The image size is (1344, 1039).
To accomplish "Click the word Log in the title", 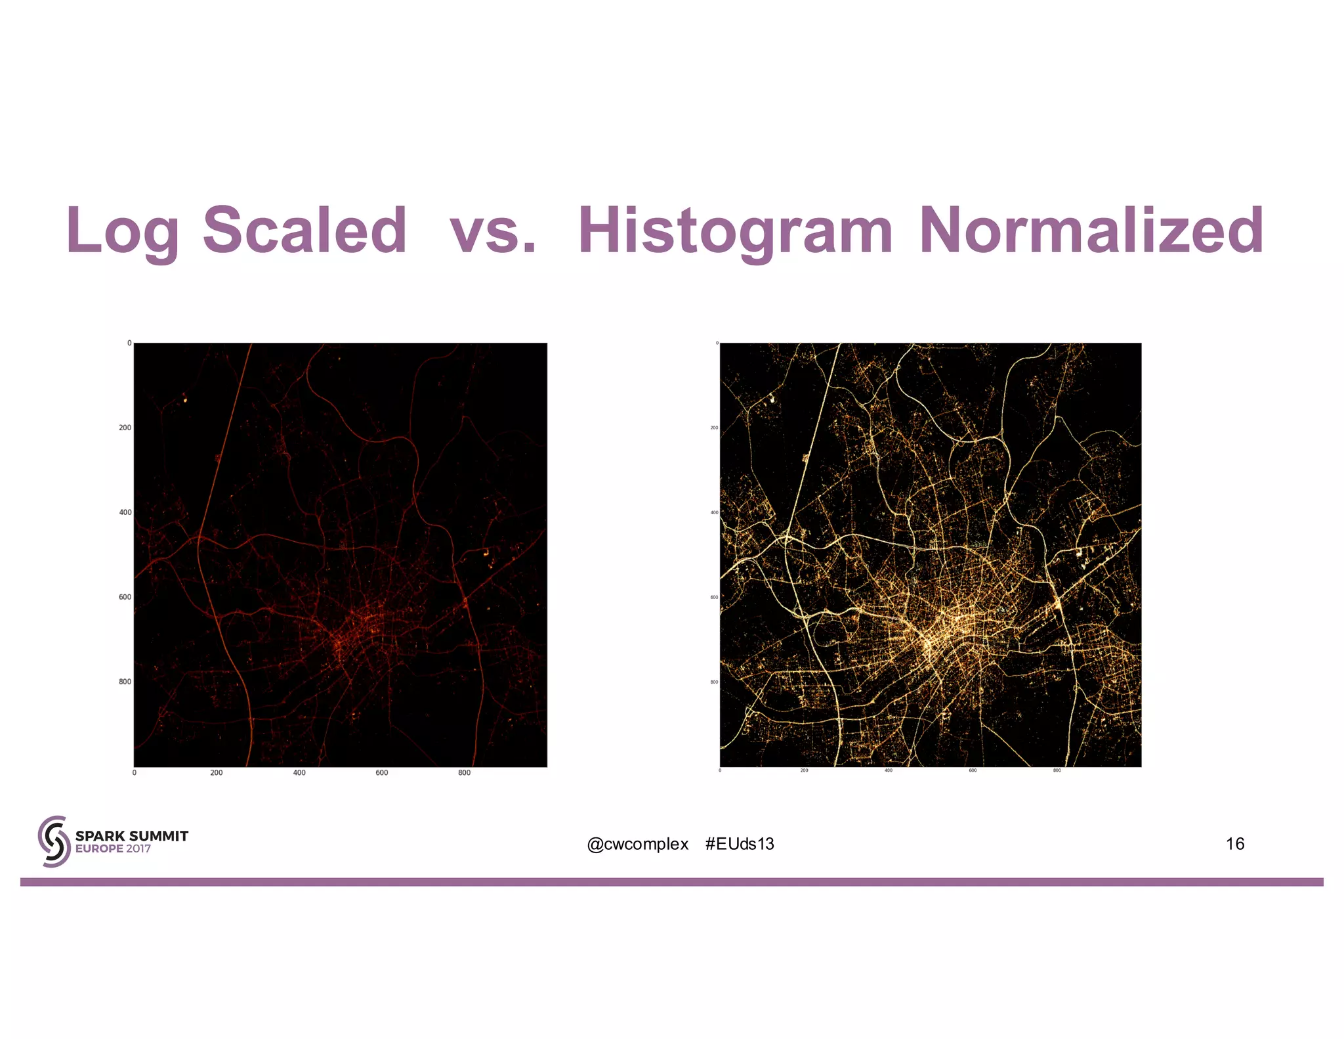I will (x=122, y=231).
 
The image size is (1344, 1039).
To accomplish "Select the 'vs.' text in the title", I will (x=493, y=231).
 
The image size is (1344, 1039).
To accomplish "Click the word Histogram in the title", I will (x=735, y=231).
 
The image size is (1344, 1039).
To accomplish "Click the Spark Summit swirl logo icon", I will (x=54, y=841).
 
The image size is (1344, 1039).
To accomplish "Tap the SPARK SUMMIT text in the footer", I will (x=132, y=836).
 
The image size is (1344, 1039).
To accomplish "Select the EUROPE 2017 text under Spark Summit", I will (x=113, y=849).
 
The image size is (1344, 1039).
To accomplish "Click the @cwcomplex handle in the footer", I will (x=638, y=844).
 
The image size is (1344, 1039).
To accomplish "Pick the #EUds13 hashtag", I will (x=740, y=844).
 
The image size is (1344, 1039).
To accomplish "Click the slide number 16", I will (x=1234, y=844).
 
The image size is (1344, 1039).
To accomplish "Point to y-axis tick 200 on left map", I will (x=125, y=428).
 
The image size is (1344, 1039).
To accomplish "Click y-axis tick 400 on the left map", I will (x=125, y=512).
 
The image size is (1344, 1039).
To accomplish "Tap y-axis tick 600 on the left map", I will (x=125, y=597).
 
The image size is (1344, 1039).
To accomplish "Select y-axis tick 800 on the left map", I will (x=125, y=682).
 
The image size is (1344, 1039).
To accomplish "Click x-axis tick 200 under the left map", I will (x=217, y=773).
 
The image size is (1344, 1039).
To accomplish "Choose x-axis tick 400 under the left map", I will (x=299, y=773).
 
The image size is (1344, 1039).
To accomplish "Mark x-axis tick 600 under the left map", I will (x=382, y=773).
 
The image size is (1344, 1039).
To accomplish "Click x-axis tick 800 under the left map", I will (x=465, y=773).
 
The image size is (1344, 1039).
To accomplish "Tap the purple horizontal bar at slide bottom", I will (x=672, y=882).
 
